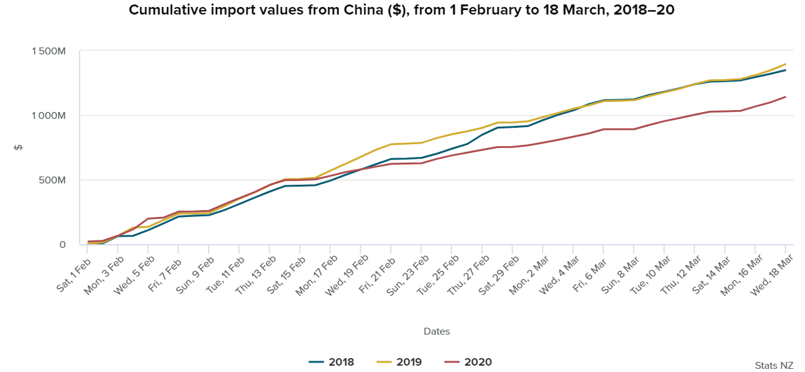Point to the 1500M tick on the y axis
tap(48, 51)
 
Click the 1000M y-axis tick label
tap(48, 116)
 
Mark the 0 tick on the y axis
tap(62, 245)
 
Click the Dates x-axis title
tap(437, 331)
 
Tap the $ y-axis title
tap(18, 148)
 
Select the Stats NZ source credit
tap(773, 365)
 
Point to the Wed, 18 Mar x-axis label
tap(771, 274)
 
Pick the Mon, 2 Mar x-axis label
tap(530, 274)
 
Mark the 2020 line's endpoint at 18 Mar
tap(785, 97)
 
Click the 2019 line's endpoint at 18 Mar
tap(785, 64)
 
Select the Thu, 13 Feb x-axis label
tap(256, 274)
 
